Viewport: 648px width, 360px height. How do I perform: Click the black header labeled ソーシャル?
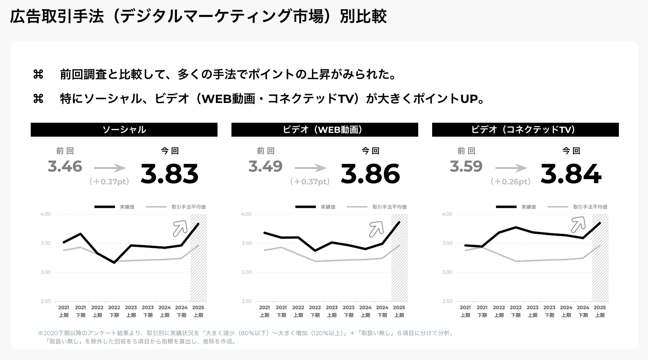point(124,130)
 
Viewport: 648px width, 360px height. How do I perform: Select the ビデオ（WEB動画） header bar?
point(324,130)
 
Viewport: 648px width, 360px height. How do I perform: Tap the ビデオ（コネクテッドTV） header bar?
point(525,130)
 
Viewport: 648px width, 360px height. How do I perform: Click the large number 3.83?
point(170,174)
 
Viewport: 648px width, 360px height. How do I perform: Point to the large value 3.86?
point(370,174)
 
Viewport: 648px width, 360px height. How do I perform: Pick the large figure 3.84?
point(571,174)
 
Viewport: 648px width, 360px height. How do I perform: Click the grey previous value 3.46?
point(65,166)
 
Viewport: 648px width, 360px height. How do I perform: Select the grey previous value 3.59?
point(466,166)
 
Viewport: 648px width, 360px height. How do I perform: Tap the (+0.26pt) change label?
point(511,182)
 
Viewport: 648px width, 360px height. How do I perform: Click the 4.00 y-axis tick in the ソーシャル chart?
point(45,214)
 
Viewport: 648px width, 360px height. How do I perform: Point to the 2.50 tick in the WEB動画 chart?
point(246,301)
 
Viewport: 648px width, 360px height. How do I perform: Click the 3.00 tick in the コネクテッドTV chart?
point(447,272)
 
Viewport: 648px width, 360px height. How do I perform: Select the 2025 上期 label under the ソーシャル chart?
point(198,311)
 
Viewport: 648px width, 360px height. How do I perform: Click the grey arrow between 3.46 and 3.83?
point(110,168)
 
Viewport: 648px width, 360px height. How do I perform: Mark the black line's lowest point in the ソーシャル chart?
point(114,263)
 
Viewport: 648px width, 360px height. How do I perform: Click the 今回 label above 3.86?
point(370,151)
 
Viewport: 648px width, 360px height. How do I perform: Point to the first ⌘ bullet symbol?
point(38,74)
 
